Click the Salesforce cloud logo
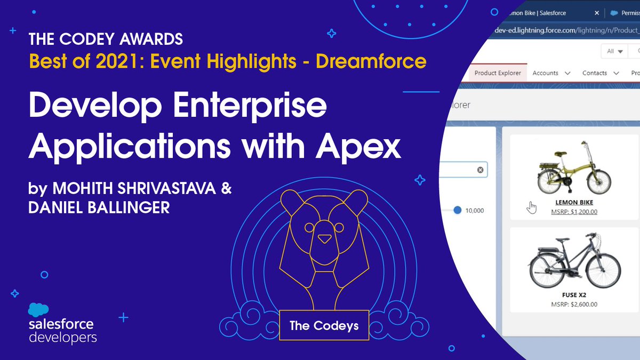point(38,310)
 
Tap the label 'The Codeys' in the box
point(324,325)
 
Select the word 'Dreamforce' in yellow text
point(371,61)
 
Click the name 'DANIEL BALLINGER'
point(99,208)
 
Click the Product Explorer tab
point(497,73)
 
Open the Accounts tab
point(545,73)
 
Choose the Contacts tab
point(595,73)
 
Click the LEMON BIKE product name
point(574,203)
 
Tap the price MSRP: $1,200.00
point(574,212)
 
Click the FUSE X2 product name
point(574,295)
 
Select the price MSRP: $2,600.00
point(574,305)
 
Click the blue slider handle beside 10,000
point(457,210)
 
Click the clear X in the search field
point(480,170)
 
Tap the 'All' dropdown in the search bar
point(614,51)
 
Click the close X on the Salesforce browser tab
point(597,13)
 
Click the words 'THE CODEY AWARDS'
point(106,39)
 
